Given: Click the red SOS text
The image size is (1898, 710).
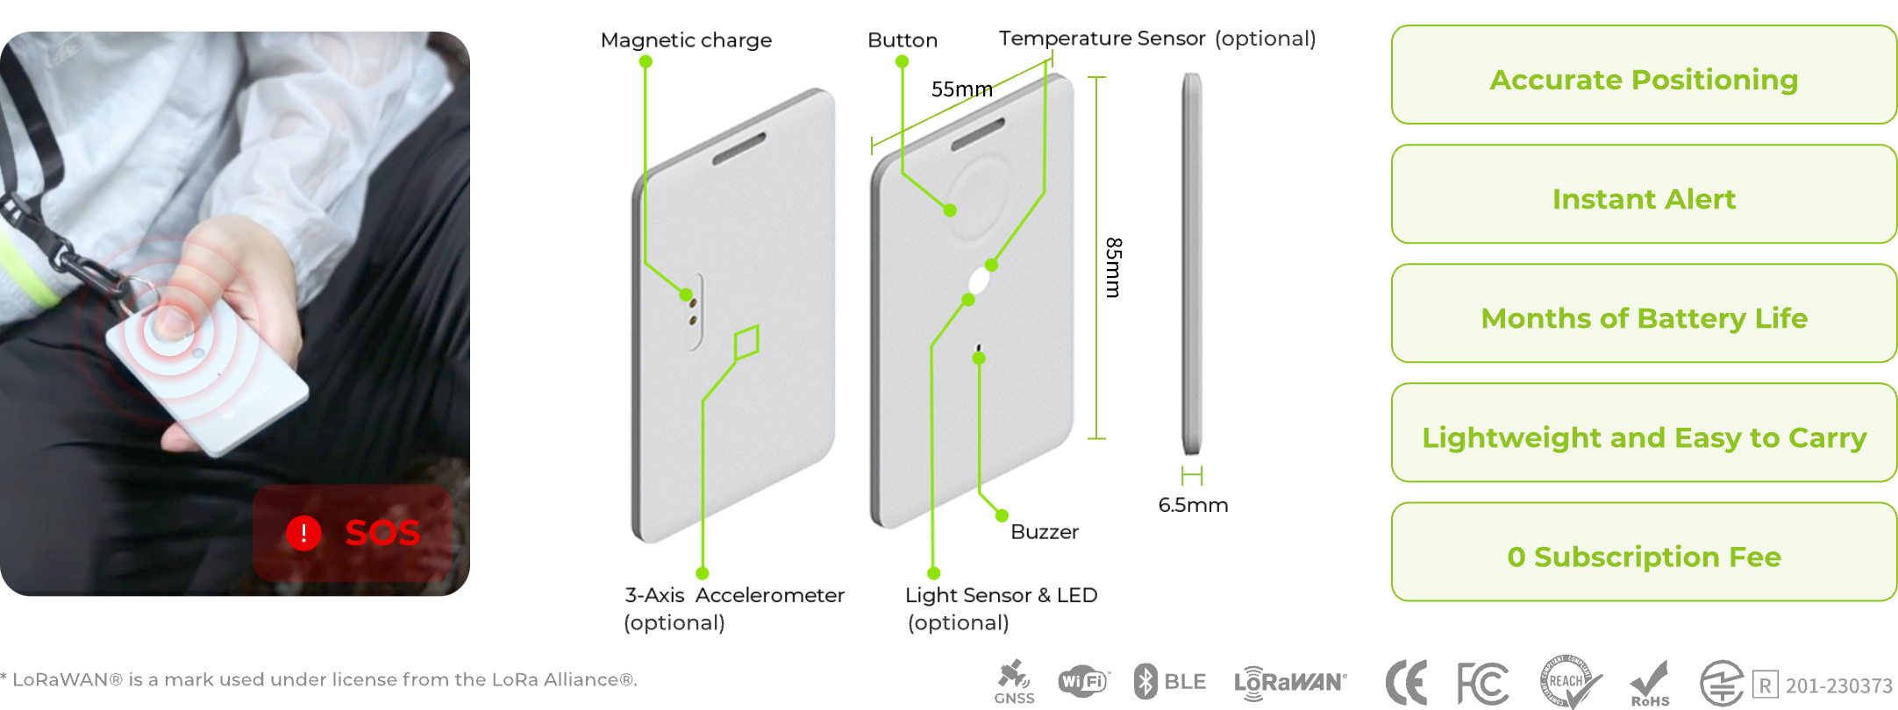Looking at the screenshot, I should pyautogui.click(x=382, y=532).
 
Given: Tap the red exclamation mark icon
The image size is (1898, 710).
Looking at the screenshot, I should pyautogui.click(x=303, y=532).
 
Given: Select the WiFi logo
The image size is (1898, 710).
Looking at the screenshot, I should pyautogui.click(x=1083, y=681).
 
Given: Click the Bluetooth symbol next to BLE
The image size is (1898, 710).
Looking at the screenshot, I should pyautogui.click(x=1145, y=681).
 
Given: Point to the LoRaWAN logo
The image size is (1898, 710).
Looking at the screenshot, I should pyautogui.click(x=1289, y=682).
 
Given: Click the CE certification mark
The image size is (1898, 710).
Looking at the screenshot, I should pyautogui.click(x=1406, y=682).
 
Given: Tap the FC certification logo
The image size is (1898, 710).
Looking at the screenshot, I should pyautogui.click(x=1482, y=682).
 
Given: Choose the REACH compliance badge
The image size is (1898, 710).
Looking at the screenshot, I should pyautogui.click(x=1569, y=681).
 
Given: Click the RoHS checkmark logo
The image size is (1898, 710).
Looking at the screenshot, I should pyautogui.click(x=1649, y=681).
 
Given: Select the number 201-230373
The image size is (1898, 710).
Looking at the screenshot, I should pyautogui.click(x=1838, y=685).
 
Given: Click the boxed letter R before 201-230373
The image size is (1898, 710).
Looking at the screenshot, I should pyautogui.click(x=1765, y=685).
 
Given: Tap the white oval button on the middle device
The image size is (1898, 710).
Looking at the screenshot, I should pyautogui.click(x=979, y=281).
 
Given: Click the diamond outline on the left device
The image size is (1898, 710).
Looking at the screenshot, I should pyautogui.click(x=746, y=342).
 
